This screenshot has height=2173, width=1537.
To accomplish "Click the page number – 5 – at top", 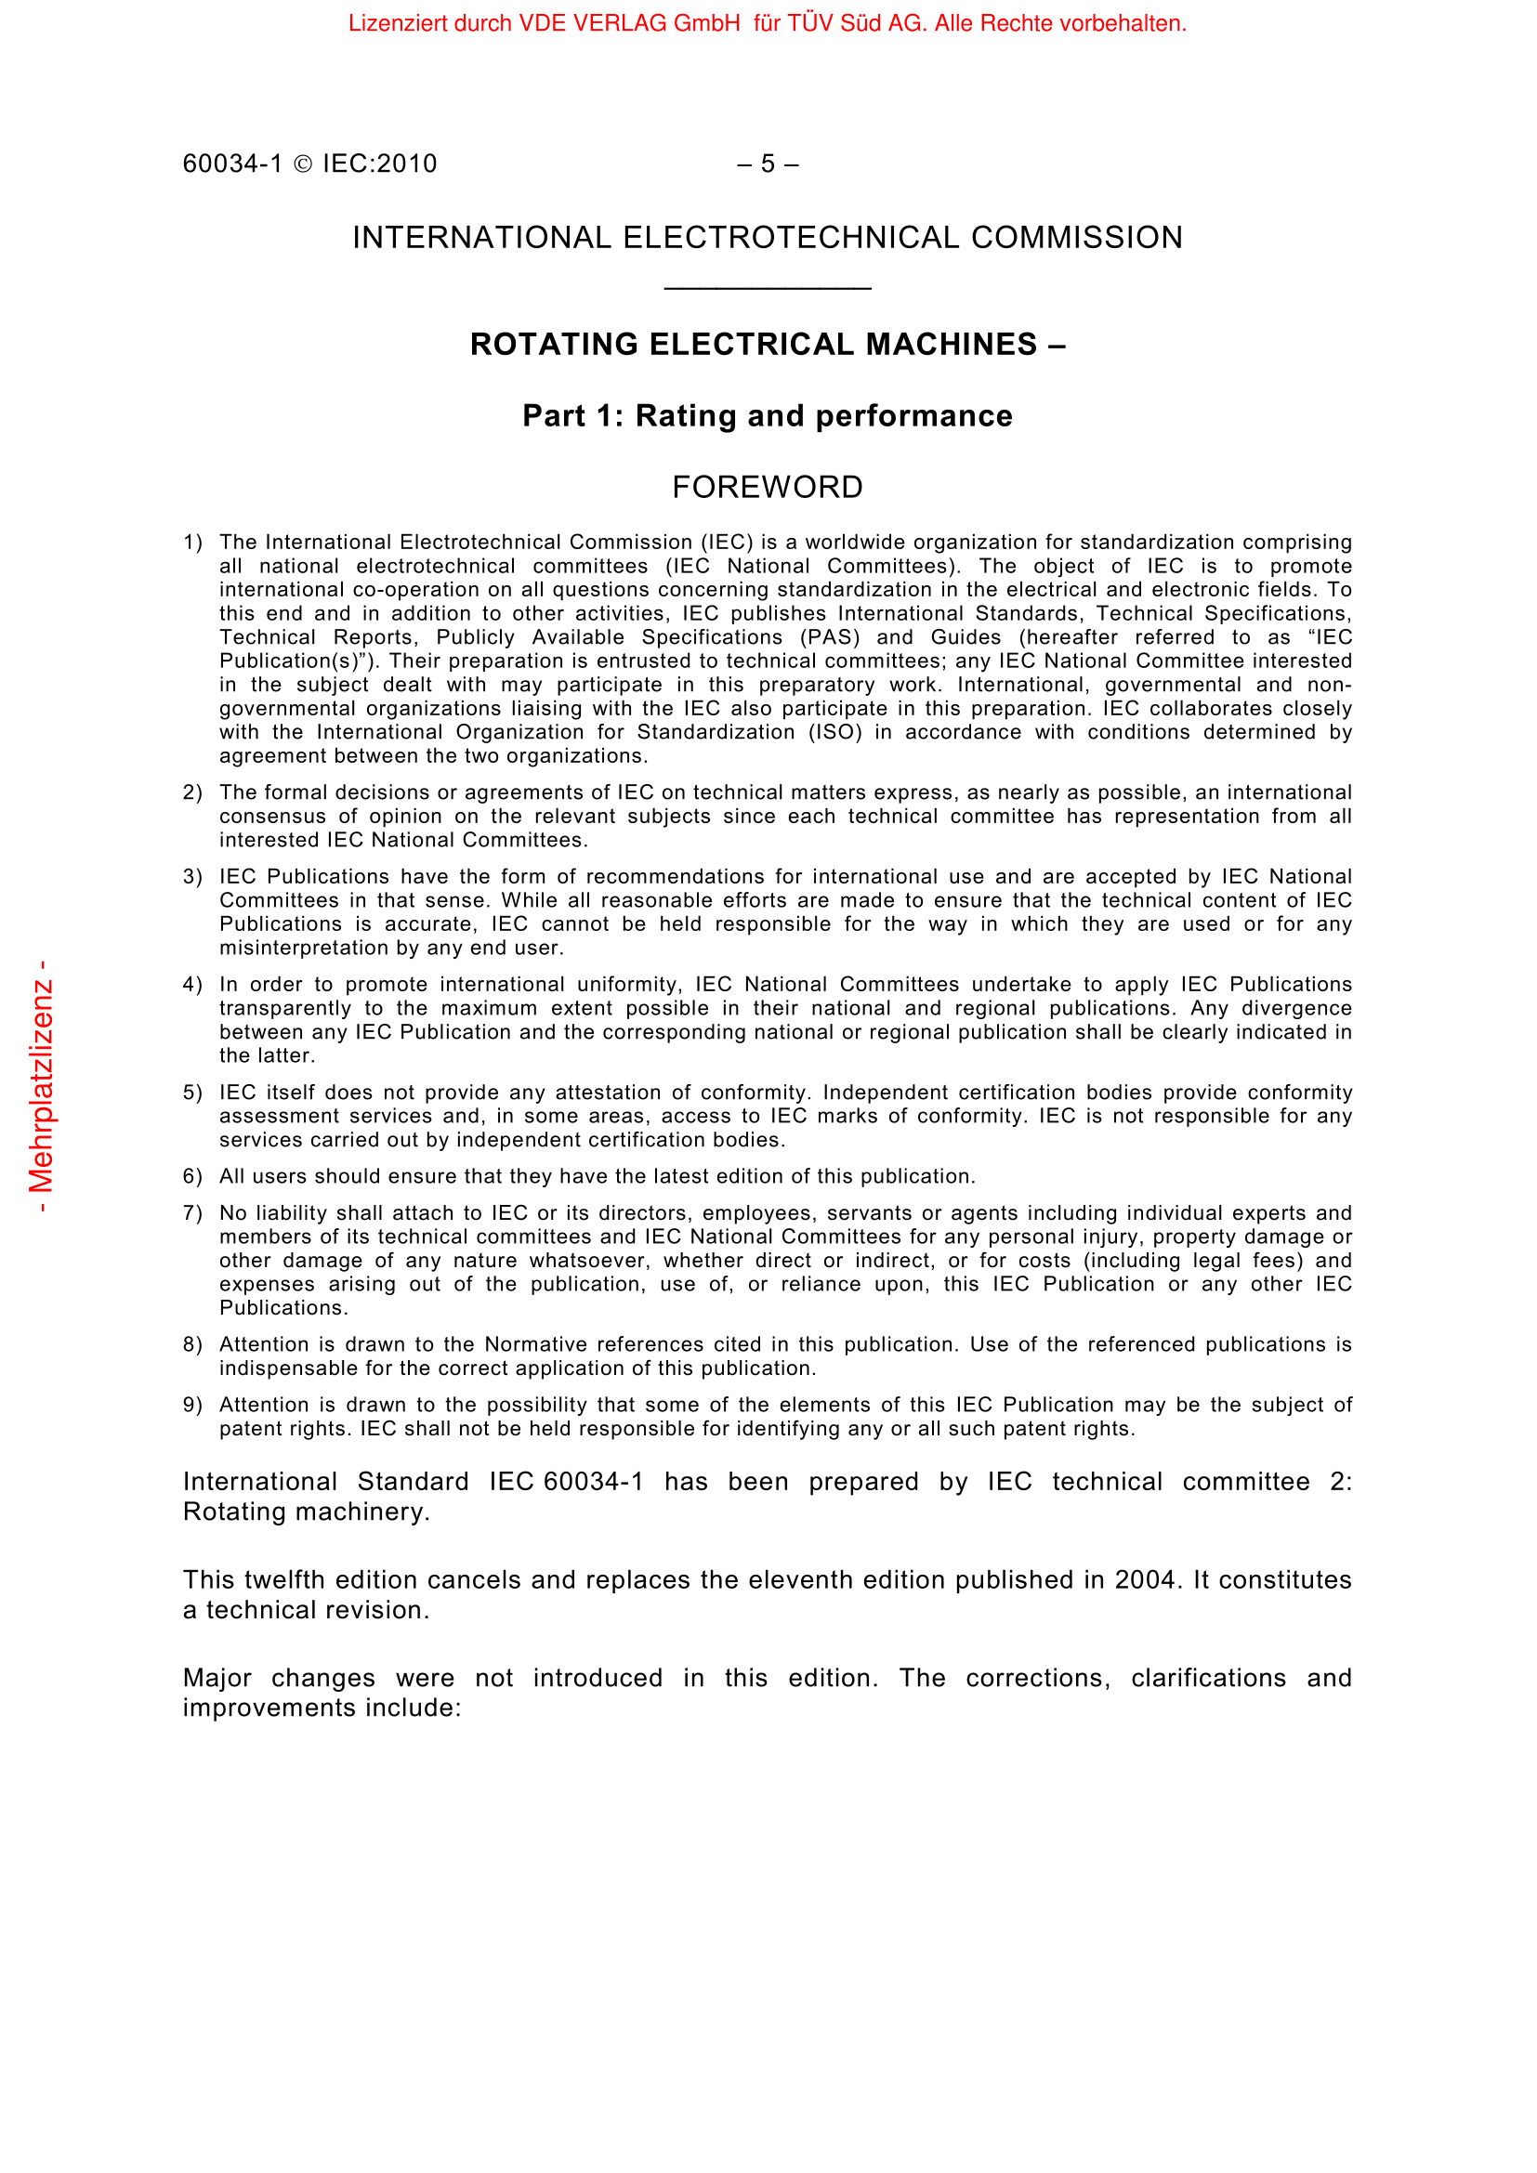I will pyautogui.click(x=768, y=164).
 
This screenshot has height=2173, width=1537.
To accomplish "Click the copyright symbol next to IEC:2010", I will pyautogui.click(x=303, y=164).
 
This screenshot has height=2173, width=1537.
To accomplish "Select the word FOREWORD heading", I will pyautogui.click(x=768, y=488).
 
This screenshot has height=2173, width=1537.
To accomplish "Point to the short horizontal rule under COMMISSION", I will pyautogui.click(x=768, y=288).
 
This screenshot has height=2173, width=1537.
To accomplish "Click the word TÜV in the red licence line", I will pyautogui.click(x=809, y=23).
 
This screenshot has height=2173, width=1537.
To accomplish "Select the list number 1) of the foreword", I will pyautogui.click(x=193, y=543).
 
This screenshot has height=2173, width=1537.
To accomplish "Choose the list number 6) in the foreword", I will pyautogui.click(x=193, y=1176).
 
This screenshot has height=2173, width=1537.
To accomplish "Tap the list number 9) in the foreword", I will pyautogui.click(x=193, y=1405).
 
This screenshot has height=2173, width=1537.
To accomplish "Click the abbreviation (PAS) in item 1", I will pyautogui.click(x=830, y=637).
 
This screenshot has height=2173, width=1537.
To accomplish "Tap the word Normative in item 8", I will pyautogui.click(x=537, y=1344).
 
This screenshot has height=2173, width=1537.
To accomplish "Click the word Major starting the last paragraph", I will pyautogui.click(x=217, y=1678).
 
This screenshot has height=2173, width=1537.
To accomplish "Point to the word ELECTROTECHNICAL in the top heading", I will pyautogui.click(x=791, y=238).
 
